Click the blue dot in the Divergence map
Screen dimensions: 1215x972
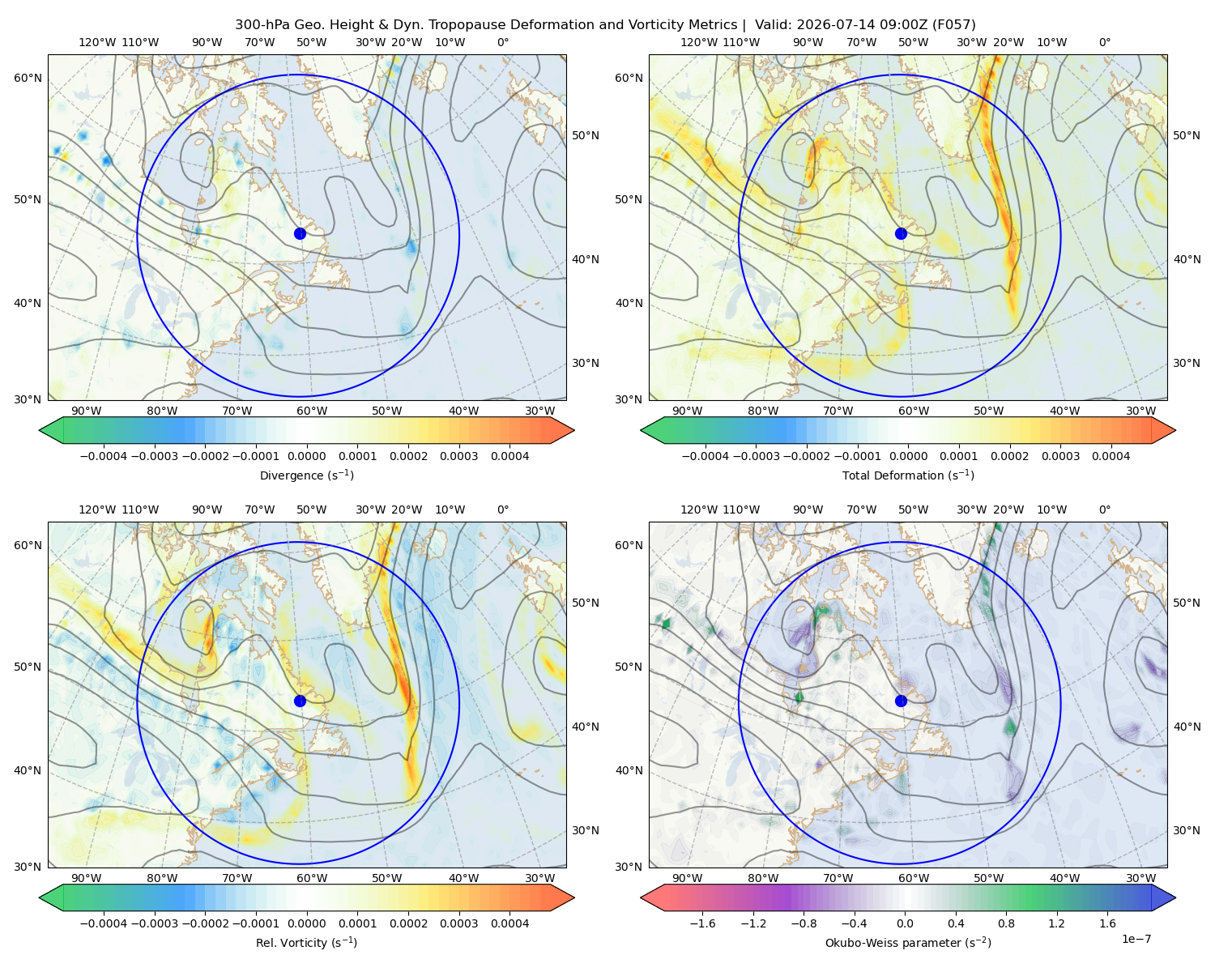pos(300,233)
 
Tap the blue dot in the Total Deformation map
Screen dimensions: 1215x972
pos(901,233)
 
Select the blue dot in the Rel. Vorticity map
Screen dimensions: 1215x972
pos(300,701)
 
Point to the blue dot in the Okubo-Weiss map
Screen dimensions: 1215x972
pos(901,701)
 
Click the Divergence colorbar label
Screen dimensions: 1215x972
pos(306,475)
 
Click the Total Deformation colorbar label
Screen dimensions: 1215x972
pos(908,475)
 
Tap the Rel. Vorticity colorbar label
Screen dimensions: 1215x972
pos(306,942)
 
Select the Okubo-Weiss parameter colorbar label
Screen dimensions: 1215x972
pos(908,942)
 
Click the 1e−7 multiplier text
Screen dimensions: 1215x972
pos(1136,939)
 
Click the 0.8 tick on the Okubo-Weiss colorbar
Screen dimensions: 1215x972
pos(1006,923)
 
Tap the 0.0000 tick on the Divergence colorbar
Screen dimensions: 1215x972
pos(306,456)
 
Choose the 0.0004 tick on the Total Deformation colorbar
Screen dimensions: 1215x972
pos(1111,456)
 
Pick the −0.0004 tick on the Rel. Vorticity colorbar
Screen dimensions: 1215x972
pos(104,923)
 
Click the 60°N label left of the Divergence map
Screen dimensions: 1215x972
pos(28,78)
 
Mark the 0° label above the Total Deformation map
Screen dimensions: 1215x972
pos(1104,42)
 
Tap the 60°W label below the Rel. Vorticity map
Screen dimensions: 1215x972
pos(312,878)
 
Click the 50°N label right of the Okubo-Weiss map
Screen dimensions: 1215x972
pos(1187,602)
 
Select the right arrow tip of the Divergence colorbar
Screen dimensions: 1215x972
pos(574,430)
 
